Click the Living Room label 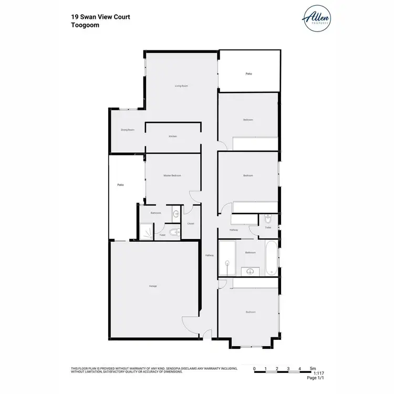[x=181, y=86]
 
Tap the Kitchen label [x=173, y=136]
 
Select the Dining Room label [x=128, y=130]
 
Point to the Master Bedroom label [x=172, y=175]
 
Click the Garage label [x=153, y=286]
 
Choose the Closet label [x=191, y=224]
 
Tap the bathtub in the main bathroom [x=271, y=258]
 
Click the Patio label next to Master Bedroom [x=120, y=185]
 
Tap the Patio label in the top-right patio [x=249, y=74]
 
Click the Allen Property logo [x=317, y=18]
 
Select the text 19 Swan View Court [x=100, y=17]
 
